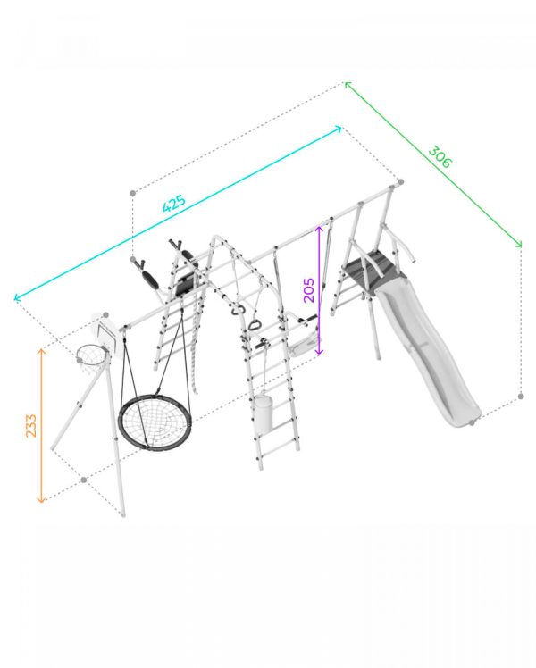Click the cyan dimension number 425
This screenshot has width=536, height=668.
(x=174, y=204)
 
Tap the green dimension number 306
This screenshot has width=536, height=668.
(x=440, y=157)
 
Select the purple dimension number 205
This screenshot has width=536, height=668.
(x=309, y=290)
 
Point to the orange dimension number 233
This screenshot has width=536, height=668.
(x=31, y=425)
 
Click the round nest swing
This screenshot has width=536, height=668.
(x=155, y=422)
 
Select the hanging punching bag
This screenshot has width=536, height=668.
(x=263, y=414)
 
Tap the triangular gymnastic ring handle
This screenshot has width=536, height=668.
(x=255, y=325)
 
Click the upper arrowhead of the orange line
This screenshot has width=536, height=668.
(x=41, y=350)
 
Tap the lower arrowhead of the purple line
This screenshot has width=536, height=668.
(x=319, y=352)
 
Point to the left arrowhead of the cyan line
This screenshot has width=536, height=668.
(x=16, y=297)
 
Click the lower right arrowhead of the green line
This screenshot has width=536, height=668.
(x=519, y=244)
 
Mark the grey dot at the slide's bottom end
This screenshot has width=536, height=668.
(x=472, y=422)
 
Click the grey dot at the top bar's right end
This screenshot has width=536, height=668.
(x=400, y=182)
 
